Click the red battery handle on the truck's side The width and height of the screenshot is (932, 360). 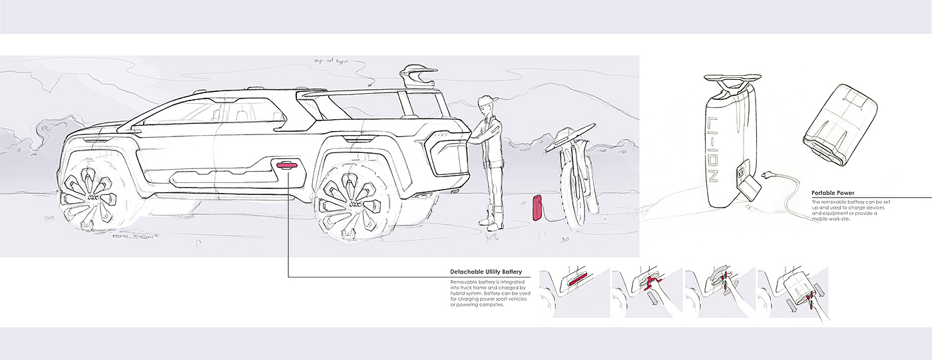[286, 166]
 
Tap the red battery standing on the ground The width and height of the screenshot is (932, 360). [536, 207]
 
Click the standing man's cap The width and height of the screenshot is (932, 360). [488, 101]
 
